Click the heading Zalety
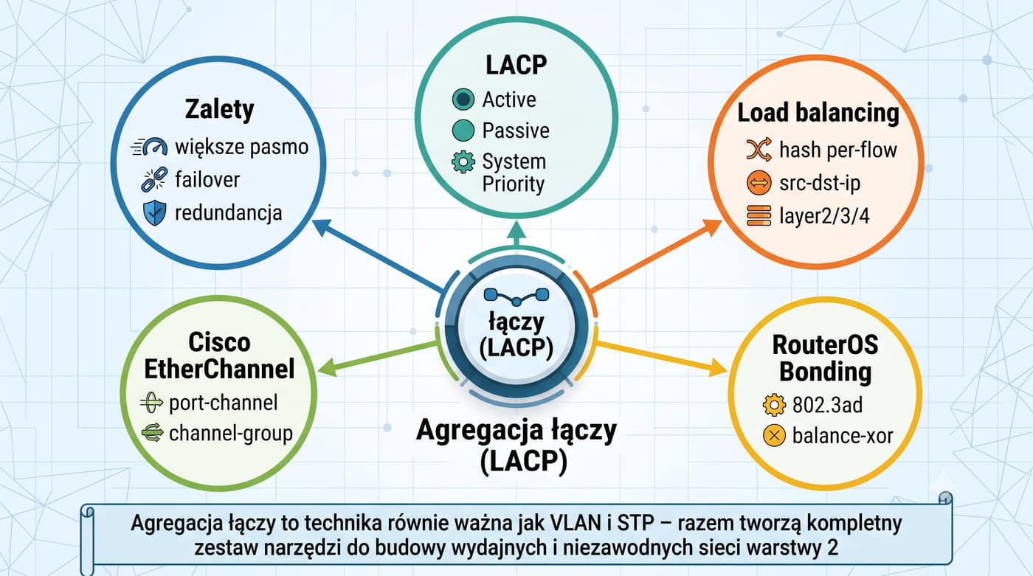point(220,110)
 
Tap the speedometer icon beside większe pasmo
point(149,147)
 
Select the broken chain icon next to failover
point(154,180)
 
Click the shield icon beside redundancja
point(155,212)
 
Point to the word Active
point(509,100)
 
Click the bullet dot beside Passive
point(463,131)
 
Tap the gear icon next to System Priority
point(463,162)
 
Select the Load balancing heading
point(818,113)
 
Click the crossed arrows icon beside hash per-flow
point(759,149)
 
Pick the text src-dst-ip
point(820,184)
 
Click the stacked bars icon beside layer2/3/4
point(759,215)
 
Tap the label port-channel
point(223,403)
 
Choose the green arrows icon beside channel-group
point(152,433)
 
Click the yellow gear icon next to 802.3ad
point(774,405)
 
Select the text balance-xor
point(843,436)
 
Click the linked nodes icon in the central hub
point(516,296)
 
